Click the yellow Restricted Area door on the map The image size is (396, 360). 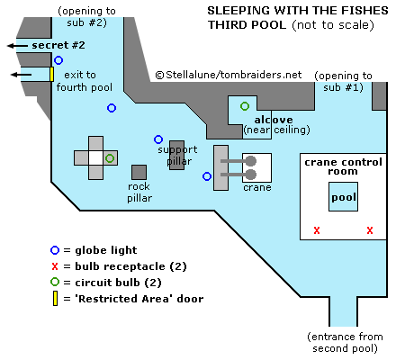(x=51, y=74)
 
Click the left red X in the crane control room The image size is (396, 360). (x=317, y=230)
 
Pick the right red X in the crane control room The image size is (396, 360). (x=370, y=230)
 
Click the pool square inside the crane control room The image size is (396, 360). (x=343, y=197)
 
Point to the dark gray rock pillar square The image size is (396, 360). (x=139, y=172)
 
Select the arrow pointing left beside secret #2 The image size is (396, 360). (x=18, y=46)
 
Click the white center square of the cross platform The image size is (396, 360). (x=96, y=157)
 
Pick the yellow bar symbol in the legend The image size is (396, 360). (x=55, y=299)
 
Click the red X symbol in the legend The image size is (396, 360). (x=55, y=266)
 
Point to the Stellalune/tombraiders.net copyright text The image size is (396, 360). (x=229, y=75)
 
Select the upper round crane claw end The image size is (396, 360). (x=251, y=161)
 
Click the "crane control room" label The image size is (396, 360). (x=343, y=166)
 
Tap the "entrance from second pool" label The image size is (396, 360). (x=345, y=342)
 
